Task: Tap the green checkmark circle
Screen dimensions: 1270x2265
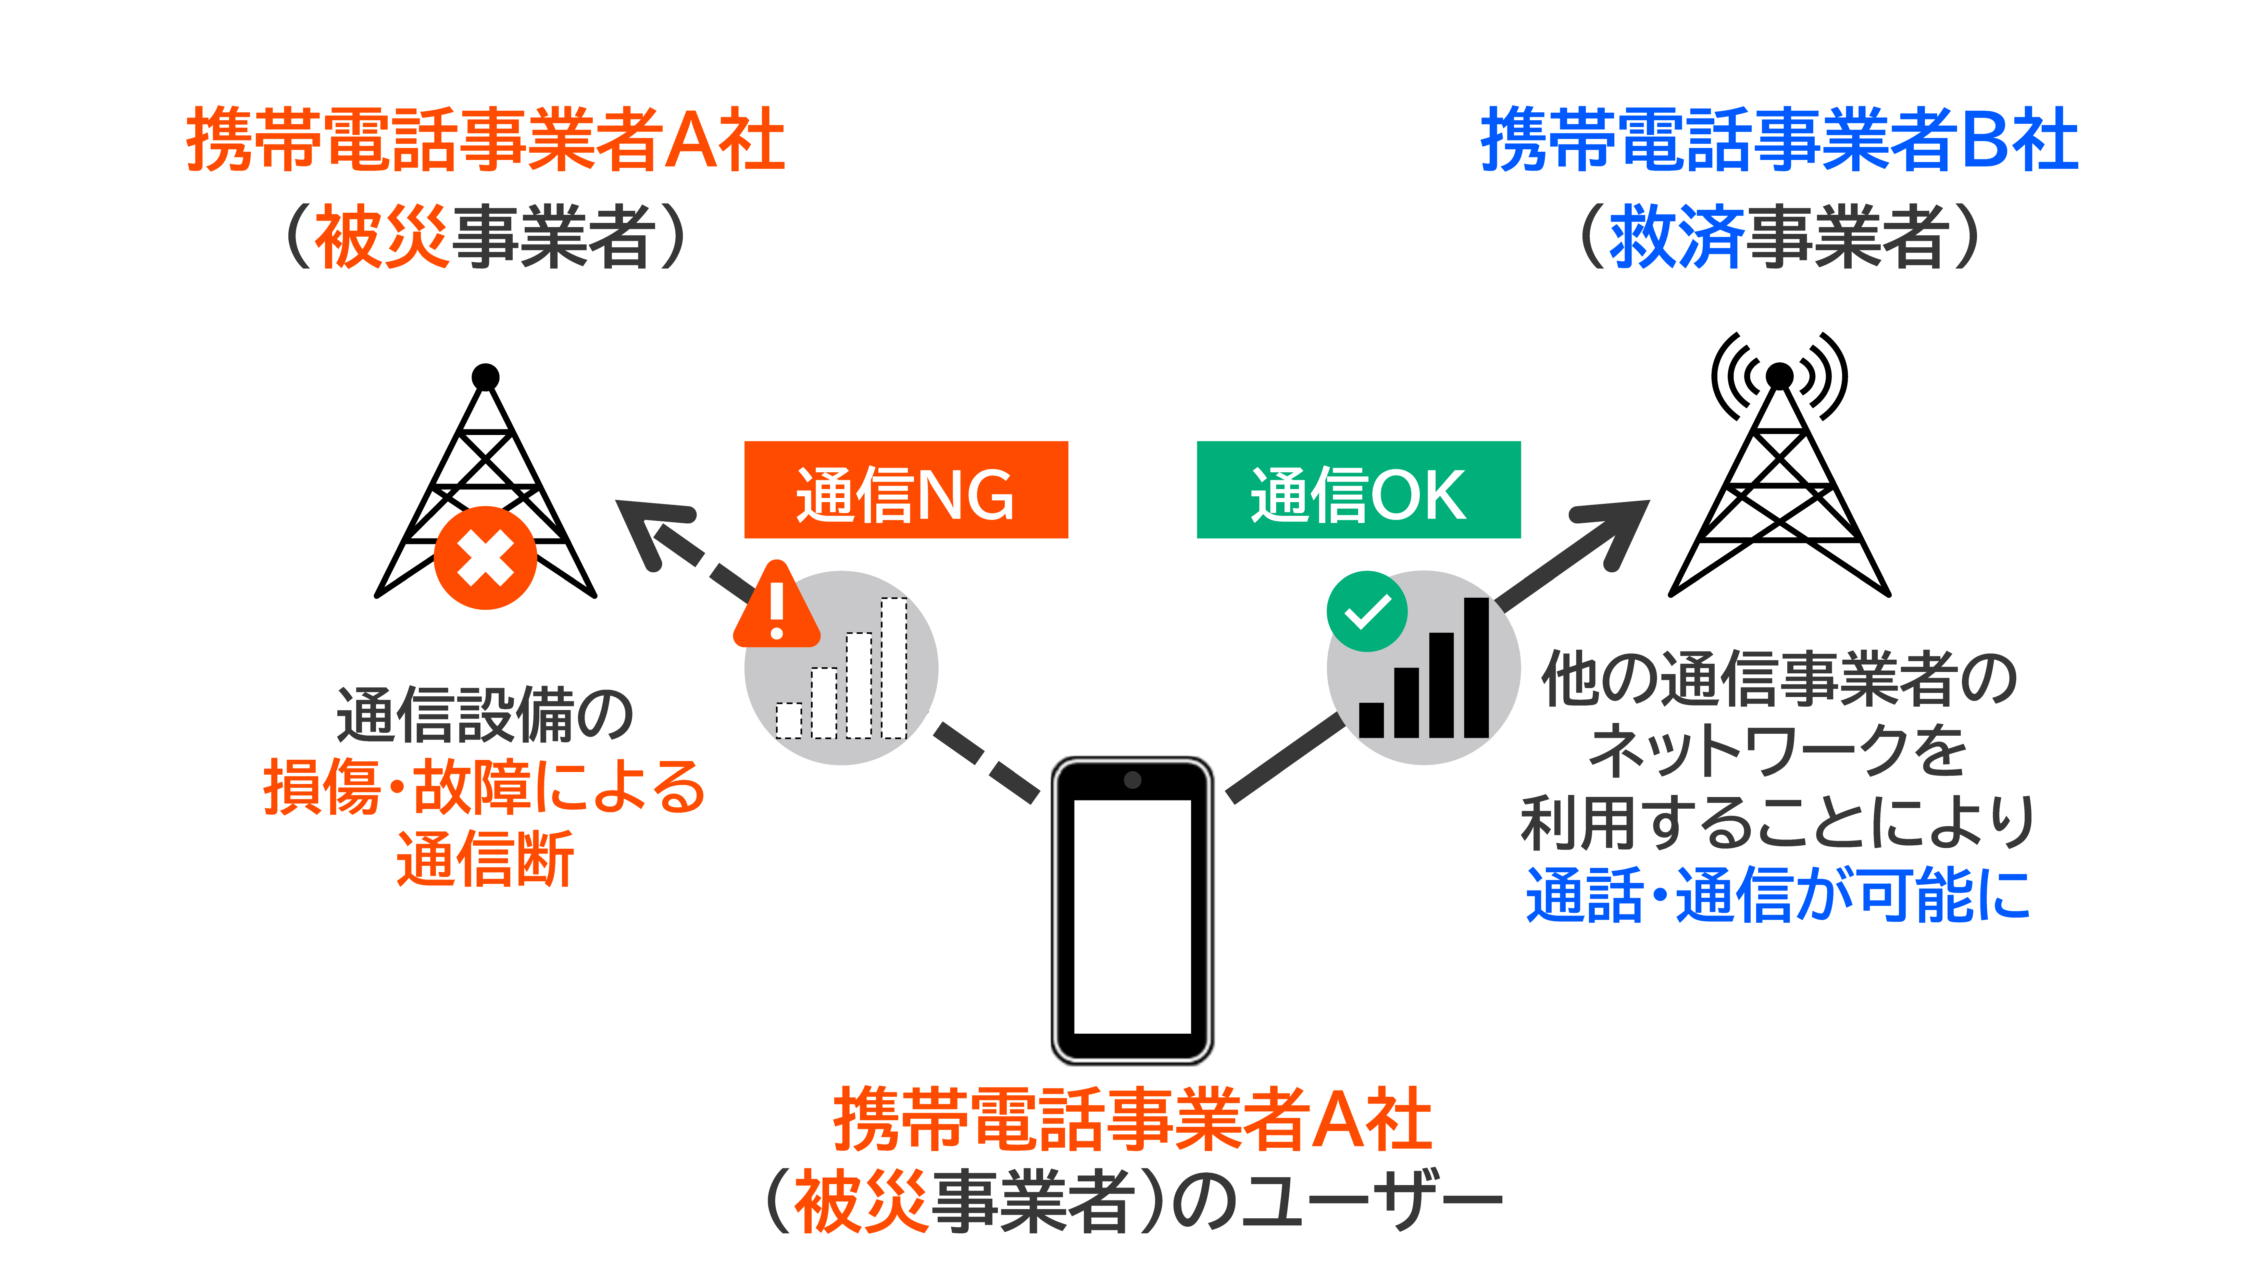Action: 1366,611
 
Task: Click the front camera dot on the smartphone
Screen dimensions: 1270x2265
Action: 1132,779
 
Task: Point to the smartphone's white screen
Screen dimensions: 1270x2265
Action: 1132,915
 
